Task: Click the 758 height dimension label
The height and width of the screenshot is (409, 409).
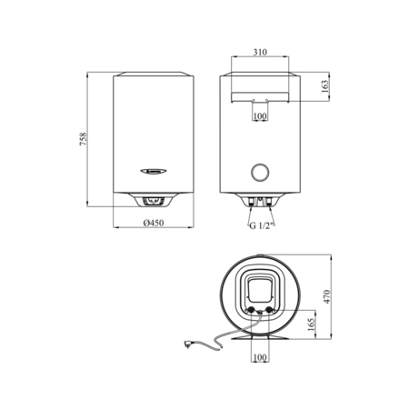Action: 84,139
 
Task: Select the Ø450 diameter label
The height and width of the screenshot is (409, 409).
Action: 154,223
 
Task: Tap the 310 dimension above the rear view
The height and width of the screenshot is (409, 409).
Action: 260,52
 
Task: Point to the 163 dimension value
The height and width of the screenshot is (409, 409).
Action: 324,86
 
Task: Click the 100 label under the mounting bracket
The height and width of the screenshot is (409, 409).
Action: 260,115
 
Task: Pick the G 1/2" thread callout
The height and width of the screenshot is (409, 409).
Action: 262,225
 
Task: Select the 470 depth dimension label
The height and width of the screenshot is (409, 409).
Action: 326,297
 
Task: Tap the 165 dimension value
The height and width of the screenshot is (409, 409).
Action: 312,324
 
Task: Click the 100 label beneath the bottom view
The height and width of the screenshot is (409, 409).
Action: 260,357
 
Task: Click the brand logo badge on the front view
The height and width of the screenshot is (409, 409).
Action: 154,172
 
